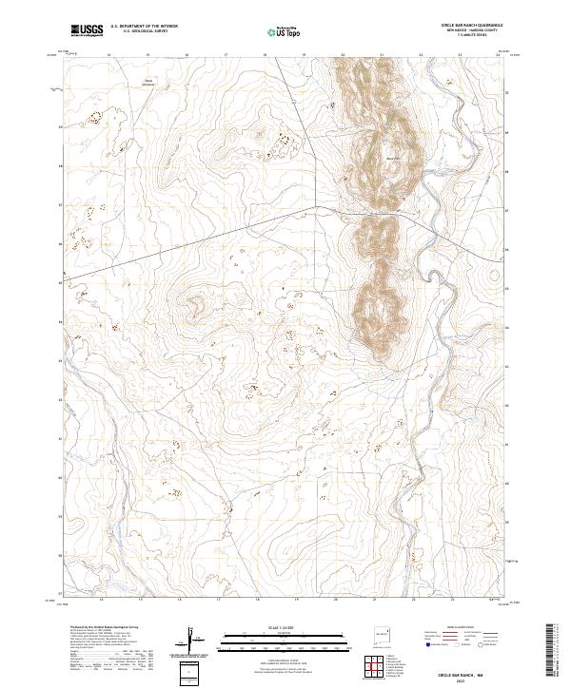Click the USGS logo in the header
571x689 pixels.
pyautogui.click(x=88, y=30)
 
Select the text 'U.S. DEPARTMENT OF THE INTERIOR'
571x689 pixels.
pyautogui.click(x=145, y=26)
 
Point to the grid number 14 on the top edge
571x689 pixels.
pyautogui.click(x=108, y=56)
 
